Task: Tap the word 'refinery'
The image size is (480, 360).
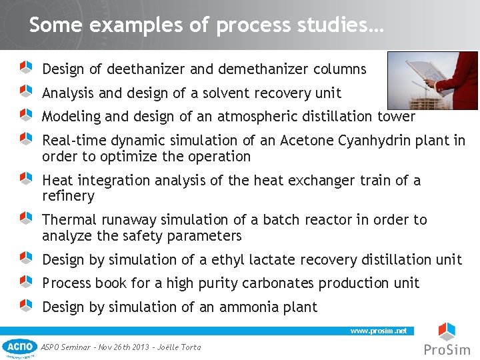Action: coord(68,196)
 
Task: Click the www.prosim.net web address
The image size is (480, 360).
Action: coord(378,331)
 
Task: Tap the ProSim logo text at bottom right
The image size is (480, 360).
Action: coord(447,349)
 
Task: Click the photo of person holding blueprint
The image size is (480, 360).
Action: coord(433,80)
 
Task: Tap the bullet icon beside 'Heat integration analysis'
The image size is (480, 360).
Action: coord(26,178)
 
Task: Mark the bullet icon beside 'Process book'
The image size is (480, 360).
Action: coord(26,281)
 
